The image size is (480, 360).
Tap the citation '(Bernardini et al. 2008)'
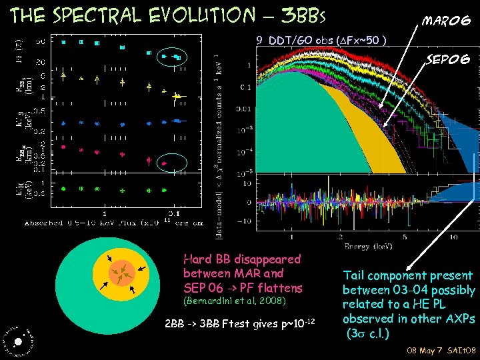(x=234, y=302)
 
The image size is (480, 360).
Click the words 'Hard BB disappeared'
(x=242, y=259)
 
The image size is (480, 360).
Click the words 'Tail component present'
(x=407, y=275)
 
